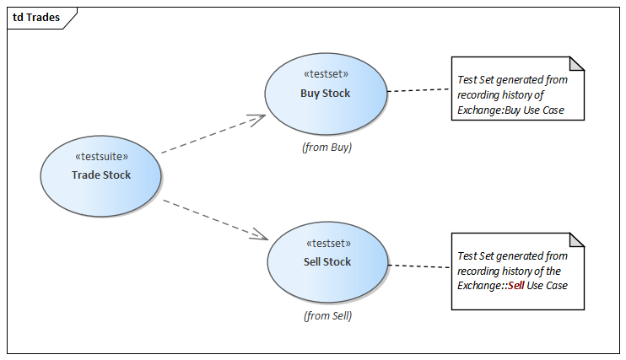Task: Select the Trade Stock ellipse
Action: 100,191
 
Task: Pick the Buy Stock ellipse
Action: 326,109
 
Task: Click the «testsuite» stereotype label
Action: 101,157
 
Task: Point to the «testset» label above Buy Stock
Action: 326,74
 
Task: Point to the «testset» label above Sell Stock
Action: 327,243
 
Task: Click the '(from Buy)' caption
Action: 326,147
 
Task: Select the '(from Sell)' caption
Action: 327,316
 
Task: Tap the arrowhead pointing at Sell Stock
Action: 260,235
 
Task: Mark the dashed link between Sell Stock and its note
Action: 419,266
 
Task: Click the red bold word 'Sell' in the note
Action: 515,286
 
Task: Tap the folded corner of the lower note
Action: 577,240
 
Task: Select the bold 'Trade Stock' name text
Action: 101,175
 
